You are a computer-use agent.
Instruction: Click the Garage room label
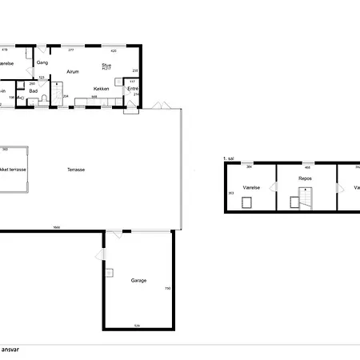[x=138, y=281]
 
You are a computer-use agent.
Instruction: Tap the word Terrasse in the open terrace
[x=77, y=169]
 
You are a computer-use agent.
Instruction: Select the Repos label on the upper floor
[x=305, y=178]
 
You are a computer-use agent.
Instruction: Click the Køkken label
[x=101, y=89]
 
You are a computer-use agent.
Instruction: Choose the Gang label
[x=42, y=62]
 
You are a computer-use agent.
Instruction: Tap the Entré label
[x=134, y=89]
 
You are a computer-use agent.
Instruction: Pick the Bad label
[x=34, y=91]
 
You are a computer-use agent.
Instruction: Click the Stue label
[x=106, y=66]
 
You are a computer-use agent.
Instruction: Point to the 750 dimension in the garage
[x=167, y=288]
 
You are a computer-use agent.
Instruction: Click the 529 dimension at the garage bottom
[x=137, y=326]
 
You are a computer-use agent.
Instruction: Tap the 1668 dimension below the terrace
[x=57, y=227]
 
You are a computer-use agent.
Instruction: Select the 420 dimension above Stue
[x=114, y=50]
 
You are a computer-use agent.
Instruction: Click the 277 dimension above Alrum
[x=70, y=50]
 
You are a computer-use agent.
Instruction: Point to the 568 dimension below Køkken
[x=94, y=97]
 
